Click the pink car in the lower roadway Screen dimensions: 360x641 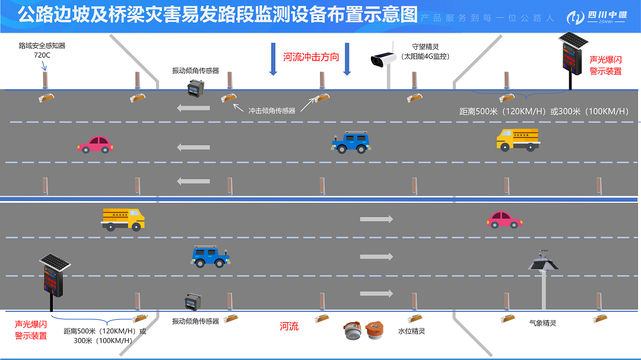click(x=504, y=219)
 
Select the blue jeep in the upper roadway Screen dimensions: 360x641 click(x=350, y=142)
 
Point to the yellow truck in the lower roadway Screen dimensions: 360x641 click(x=123, y=218)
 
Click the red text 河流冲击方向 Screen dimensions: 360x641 click(x=311, y=57)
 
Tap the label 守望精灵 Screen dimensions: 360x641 click(x=424, y=46)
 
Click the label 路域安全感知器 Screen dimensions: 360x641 click(x=42, y=45)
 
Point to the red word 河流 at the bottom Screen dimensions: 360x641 click(x=289, y=326)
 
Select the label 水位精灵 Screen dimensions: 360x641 click(x=411, y=331)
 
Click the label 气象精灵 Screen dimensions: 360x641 click(x=542, y=323)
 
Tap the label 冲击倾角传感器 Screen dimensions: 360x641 click(x=272, y=110)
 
